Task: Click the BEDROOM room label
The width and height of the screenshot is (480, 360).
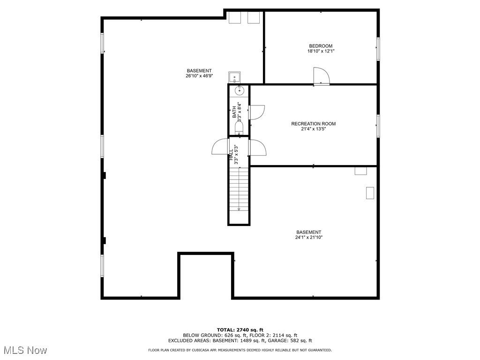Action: (x=321, y=46)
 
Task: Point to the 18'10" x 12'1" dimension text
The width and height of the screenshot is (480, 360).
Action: (x=321, y=51)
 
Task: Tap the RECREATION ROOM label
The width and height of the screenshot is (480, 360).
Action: (x=313, y=124)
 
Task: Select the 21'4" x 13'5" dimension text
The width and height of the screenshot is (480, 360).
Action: (x=313, y=129)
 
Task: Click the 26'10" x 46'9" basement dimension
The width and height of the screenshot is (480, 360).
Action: (x=199, y=76)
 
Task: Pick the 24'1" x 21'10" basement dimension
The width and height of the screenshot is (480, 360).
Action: (x=308, y=238)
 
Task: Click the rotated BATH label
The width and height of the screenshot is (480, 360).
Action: (x=234, y=112)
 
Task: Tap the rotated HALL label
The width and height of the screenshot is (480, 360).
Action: (x=231, y=155)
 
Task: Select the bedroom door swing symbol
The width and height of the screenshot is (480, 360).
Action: (x=321, y=76)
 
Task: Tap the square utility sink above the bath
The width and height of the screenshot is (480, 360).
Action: (x=234, y=78)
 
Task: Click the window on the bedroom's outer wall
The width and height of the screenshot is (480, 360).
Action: (x=378, y=49)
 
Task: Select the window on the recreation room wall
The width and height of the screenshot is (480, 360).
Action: (x=378, y=126)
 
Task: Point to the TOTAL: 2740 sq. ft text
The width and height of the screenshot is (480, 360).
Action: (x=240, y=330)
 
